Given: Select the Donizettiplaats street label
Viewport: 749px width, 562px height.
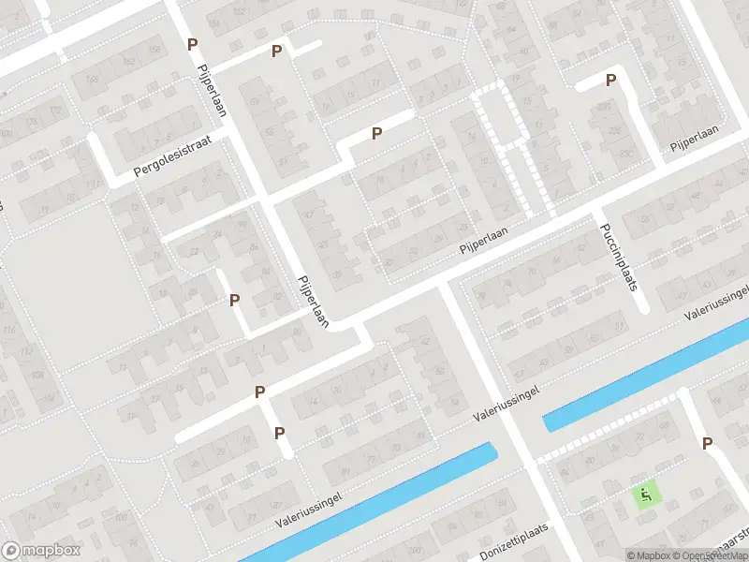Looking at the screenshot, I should (514, 540).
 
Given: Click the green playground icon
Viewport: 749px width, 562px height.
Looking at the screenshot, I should (646, 492).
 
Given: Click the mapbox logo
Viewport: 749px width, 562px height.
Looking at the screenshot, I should (41, 551).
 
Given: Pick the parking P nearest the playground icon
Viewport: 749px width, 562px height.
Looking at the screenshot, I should (707, 443).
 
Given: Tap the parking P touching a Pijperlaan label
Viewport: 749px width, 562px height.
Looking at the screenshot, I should (192, 44).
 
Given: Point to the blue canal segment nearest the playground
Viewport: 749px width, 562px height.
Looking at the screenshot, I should (646, 375).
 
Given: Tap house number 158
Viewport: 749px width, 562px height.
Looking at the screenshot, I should (154, 49).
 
